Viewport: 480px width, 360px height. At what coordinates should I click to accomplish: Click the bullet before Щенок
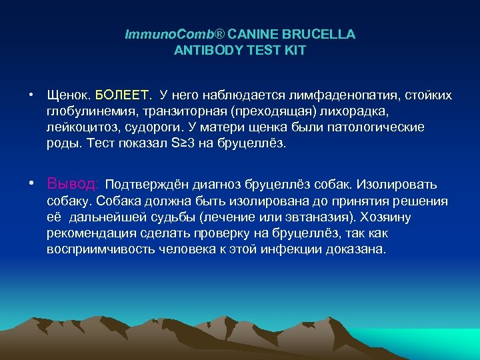(31, 95)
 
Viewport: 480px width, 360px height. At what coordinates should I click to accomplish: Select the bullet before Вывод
(31, 183)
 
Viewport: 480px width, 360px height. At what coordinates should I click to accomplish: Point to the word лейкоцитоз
(78, 127)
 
